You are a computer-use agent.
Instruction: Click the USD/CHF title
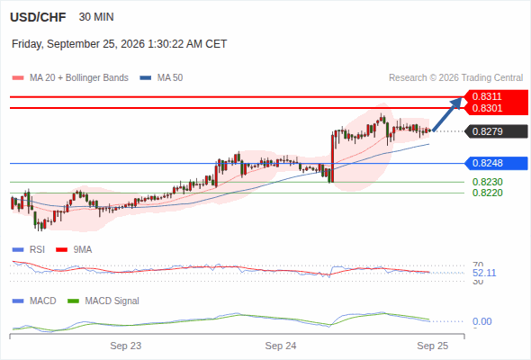point(38,17)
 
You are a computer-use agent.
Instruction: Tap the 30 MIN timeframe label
point(96,17)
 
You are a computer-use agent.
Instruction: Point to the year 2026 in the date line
point(131,44)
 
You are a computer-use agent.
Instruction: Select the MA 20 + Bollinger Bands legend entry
point(70,78)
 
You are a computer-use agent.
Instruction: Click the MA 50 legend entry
point(161,78)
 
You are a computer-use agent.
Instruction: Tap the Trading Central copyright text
point(455,78)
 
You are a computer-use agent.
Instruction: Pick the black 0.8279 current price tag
point(497,131)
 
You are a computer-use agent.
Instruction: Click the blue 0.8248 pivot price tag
point(497,163)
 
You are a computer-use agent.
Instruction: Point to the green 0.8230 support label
point(487,182)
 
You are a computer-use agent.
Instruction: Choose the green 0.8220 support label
point(487,193)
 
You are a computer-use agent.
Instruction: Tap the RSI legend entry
point(29,250)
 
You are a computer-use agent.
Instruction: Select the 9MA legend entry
point(74,250)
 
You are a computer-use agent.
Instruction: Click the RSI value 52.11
point(484,273)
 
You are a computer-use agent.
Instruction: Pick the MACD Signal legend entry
point(103,301)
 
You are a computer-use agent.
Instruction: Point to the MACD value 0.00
point(481,321)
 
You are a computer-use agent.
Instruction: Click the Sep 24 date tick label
point(281,346)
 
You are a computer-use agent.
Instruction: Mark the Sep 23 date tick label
point(126,346)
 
